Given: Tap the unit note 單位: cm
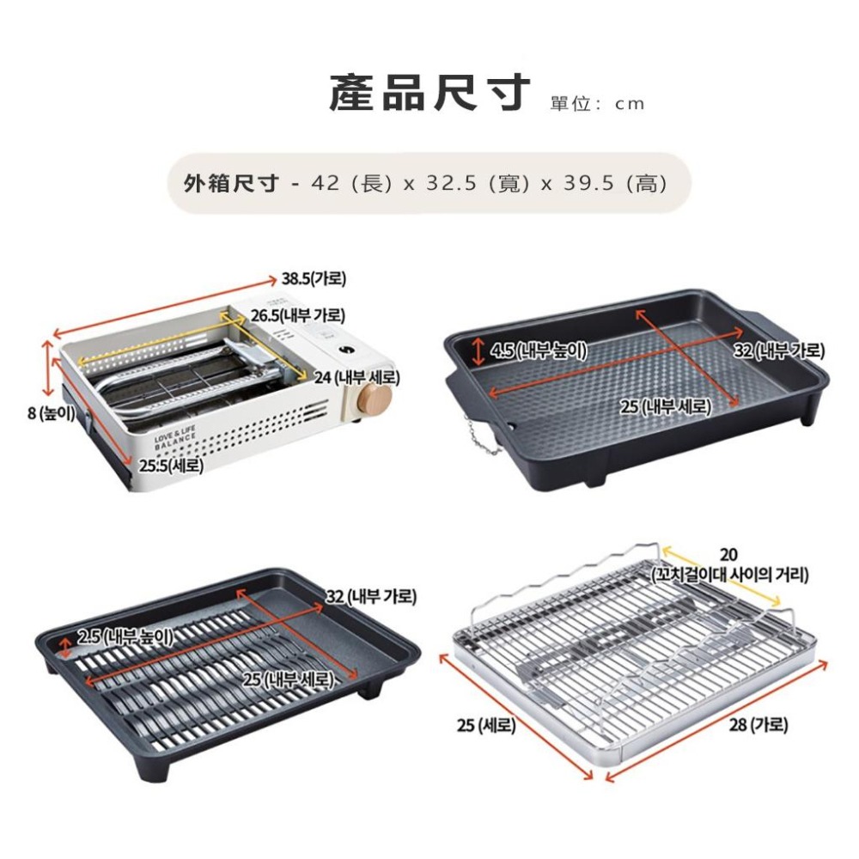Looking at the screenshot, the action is [598, 104].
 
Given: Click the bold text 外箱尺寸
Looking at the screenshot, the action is [231, 183].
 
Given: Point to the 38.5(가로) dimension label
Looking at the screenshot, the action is [314, 279].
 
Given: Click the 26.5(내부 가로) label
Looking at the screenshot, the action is [299, 315].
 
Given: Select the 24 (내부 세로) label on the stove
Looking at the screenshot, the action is [356, 377].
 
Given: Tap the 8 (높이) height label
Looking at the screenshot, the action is [51, 412].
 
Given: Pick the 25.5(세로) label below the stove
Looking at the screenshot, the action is [171, 466].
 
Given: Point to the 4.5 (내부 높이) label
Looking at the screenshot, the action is [538, 350].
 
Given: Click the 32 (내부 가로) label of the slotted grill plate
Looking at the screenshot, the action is [371, 597].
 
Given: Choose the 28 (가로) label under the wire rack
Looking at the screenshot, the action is [758, 725].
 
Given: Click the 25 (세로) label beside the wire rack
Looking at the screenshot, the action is [486, 725].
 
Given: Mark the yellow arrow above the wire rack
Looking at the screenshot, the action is [721, 576].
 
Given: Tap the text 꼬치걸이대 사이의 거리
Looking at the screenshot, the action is [729, 576].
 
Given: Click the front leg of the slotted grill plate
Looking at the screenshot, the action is [153, 765].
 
